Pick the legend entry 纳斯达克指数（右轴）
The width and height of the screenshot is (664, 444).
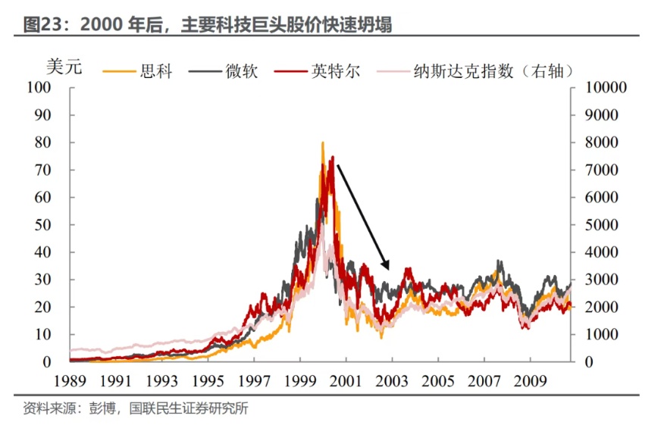pyautogui.click(x=492, y=71)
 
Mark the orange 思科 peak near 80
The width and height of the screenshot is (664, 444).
pyautogui.click(x=323, y=143)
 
